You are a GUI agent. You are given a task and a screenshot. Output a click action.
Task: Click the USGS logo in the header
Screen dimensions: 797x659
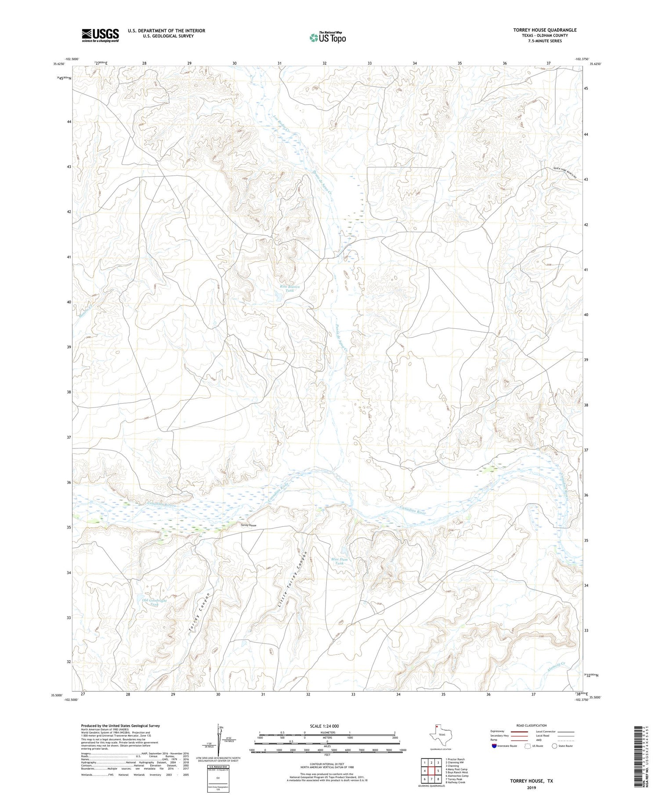click(x=100, y=35)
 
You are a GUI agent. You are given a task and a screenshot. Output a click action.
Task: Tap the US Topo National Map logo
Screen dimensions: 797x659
click(x=327, y=37)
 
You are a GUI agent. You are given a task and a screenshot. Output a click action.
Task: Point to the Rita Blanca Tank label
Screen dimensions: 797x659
click(x=290, y=288)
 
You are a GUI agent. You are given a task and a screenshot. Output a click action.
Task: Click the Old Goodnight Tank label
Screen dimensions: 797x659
click(x=154, y=602)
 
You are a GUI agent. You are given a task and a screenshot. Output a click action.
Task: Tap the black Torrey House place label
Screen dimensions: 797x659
click(x=248, y=525)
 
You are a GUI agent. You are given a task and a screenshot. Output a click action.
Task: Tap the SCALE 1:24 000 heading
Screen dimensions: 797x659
click(x=324, y=726)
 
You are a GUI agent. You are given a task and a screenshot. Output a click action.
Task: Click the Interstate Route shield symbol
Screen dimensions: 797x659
click(x=494, y=746)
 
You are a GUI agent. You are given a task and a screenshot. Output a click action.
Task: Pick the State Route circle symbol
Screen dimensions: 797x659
click(x=554, y=746)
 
